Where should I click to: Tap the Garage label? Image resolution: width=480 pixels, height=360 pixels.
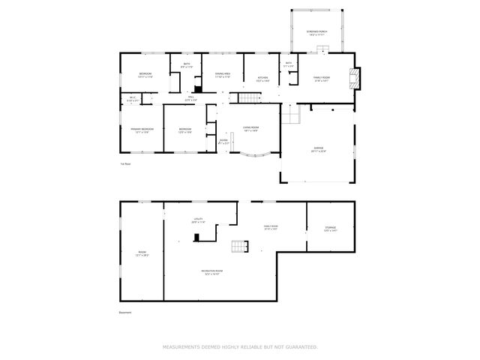click(x=319, y=150)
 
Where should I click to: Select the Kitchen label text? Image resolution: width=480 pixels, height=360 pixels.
click(x=263, y=77)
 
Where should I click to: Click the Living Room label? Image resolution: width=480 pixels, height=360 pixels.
click(x=250, y=129)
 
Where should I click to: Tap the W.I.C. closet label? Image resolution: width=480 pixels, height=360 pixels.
click(x=133, y=98)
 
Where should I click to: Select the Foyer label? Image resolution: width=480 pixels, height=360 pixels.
click(x=223, y=141)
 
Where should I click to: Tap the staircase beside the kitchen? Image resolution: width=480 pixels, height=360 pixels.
click(x=248, y=99)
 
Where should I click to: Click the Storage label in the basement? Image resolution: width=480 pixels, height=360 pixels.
click(x=331, y=228)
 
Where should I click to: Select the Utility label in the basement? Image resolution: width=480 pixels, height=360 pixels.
click(x=198, y=220)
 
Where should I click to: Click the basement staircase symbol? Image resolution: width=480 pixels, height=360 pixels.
click(x=239, y=247)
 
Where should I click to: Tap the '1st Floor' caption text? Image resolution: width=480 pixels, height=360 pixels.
click(x=125, y=163)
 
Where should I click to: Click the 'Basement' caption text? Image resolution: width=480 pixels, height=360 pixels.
click(x=126, y=313)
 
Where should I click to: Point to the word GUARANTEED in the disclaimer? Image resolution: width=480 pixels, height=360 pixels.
click(x=301, y=347)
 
